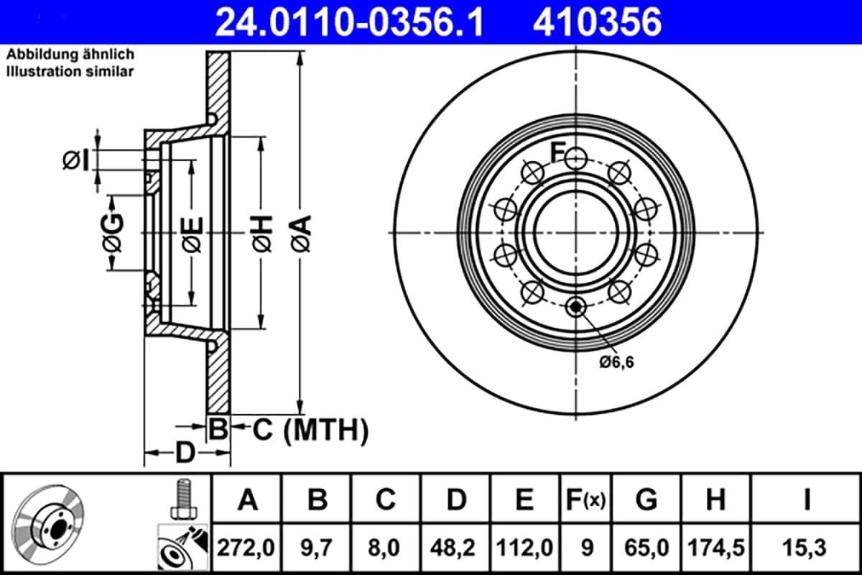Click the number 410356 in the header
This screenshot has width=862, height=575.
[596, 22]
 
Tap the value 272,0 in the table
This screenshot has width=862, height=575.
[246, 548]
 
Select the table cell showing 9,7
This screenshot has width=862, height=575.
[317, 548]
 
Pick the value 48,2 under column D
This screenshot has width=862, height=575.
[456, 548]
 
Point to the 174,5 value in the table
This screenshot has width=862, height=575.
[716, 548]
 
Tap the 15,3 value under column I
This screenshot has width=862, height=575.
[806, 548]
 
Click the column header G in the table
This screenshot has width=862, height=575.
[646, 499]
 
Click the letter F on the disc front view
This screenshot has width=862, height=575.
[557, 152]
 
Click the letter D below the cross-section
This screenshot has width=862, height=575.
[185, 453]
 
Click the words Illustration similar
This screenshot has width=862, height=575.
[70, 71]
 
